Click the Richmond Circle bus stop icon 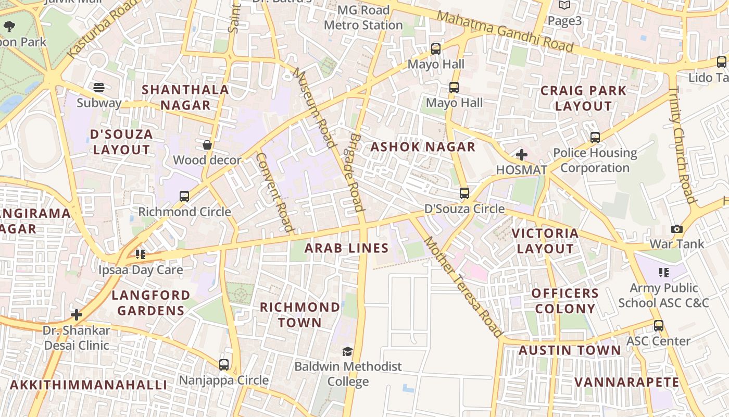[x=184, y=197]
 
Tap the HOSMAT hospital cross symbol [x=521, y=155]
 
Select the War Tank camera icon [x=676, y=229]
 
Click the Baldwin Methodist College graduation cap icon [x=347, y=352]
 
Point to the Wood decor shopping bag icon [x=207, y=145]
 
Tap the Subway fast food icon [x=99, y=88]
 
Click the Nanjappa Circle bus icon [x=224, y=364]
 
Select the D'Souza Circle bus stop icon [x=464, y=193]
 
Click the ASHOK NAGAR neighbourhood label [x=423, y=147]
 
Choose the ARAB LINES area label [x=347, y=248]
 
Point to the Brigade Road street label [x=356, y=172]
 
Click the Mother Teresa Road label [x=463, y=287]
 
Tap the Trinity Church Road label [x=682, y=145]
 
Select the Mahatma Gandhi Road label [x=505, y=31]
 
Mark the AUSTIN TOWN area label [x=570, y=350]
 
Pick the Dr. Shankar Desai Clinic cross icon [x=77, y=315]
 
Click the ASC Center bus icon [x=659, y=326]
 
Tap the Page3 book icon [x=564, y=5]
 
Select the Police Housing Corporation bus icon [x=595, y=138]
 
